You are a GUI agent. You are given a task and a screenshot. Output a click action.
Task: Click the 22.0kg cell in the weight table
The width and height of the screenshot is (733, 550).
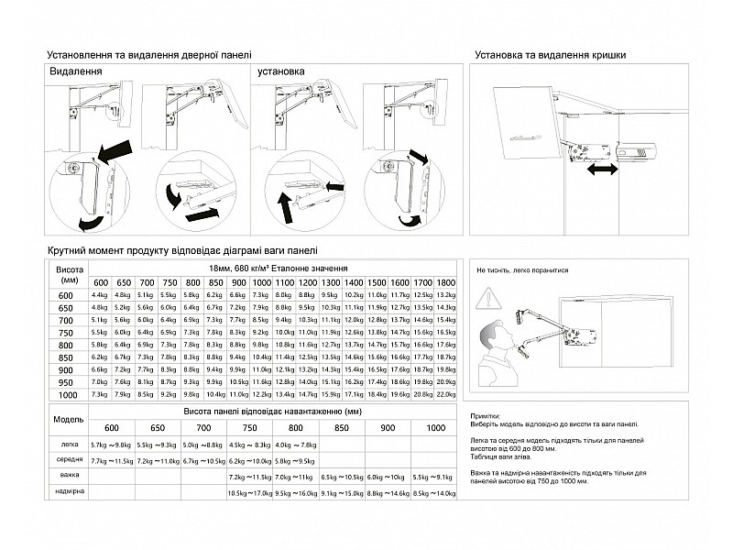coord(446,393)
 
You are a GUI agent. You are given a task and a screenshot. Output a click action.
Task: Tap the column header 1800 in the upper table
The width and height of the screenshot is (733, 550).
coord(446,280)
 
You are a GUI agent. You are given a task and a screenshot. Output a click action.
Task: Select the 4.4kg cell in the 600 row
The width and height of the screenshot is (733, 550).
coord(100,294)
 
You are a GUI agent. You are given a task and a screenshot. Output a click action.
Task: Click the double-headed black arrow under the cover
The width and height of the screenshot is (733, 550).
coord(602,171)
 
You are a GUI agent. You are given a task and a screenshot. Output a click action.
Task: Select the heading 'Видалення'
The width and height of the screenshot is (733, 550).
coord(75,71)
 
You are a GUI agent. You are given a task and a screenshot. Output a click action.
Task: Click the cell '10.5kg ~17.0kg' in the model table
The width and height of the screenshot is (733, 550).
coord(250,493)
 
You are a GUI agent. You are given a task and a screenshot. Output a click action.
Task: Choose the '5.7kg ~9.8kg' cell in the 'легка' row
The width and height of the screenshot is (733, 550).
coord(112,444)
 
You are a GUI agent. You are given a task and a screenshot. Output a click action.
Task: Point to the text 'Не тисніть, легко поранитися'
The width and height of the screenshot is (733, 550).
coord(523,271)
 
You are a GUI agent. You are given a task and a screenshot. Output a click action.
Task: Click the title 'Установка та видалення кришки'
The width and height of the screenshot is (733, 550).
coord(551,55)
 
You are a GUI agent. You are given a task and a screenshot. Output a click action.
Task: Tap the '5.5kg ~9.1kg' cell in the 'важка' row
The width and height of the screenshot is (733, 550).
coord(434,478)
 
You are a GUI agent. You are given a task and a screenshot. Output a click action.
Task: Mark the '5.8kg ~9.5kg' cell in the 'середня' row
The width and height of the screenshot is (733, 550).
coord(296,461)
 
